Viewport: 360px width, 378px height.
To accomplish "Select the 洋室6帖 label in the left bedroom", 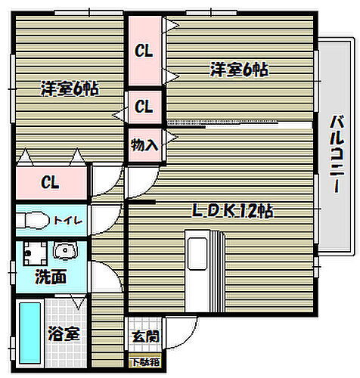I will click(x=69, y=88).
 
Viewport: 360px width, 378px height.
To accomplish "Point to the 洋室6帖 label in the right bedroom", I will click(x=239, y=70).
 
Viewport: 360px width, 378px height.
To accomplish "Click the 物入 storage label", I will click(x=144, y=144).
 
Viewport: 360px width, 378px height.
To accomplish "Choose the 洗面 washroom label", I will click(x=51, y=277).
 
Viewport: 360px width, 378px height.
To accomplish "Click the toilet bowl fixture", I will click(x=33, y=221).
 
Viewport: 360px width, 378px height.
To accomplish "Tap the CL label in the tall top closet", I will click(x=144, y=51).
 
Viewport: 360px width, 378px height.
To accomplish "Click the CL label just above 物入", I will click(x=144, y=107).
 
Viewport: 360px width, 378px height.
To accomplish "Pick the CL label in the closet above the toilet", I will click(x=51, y=182).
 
